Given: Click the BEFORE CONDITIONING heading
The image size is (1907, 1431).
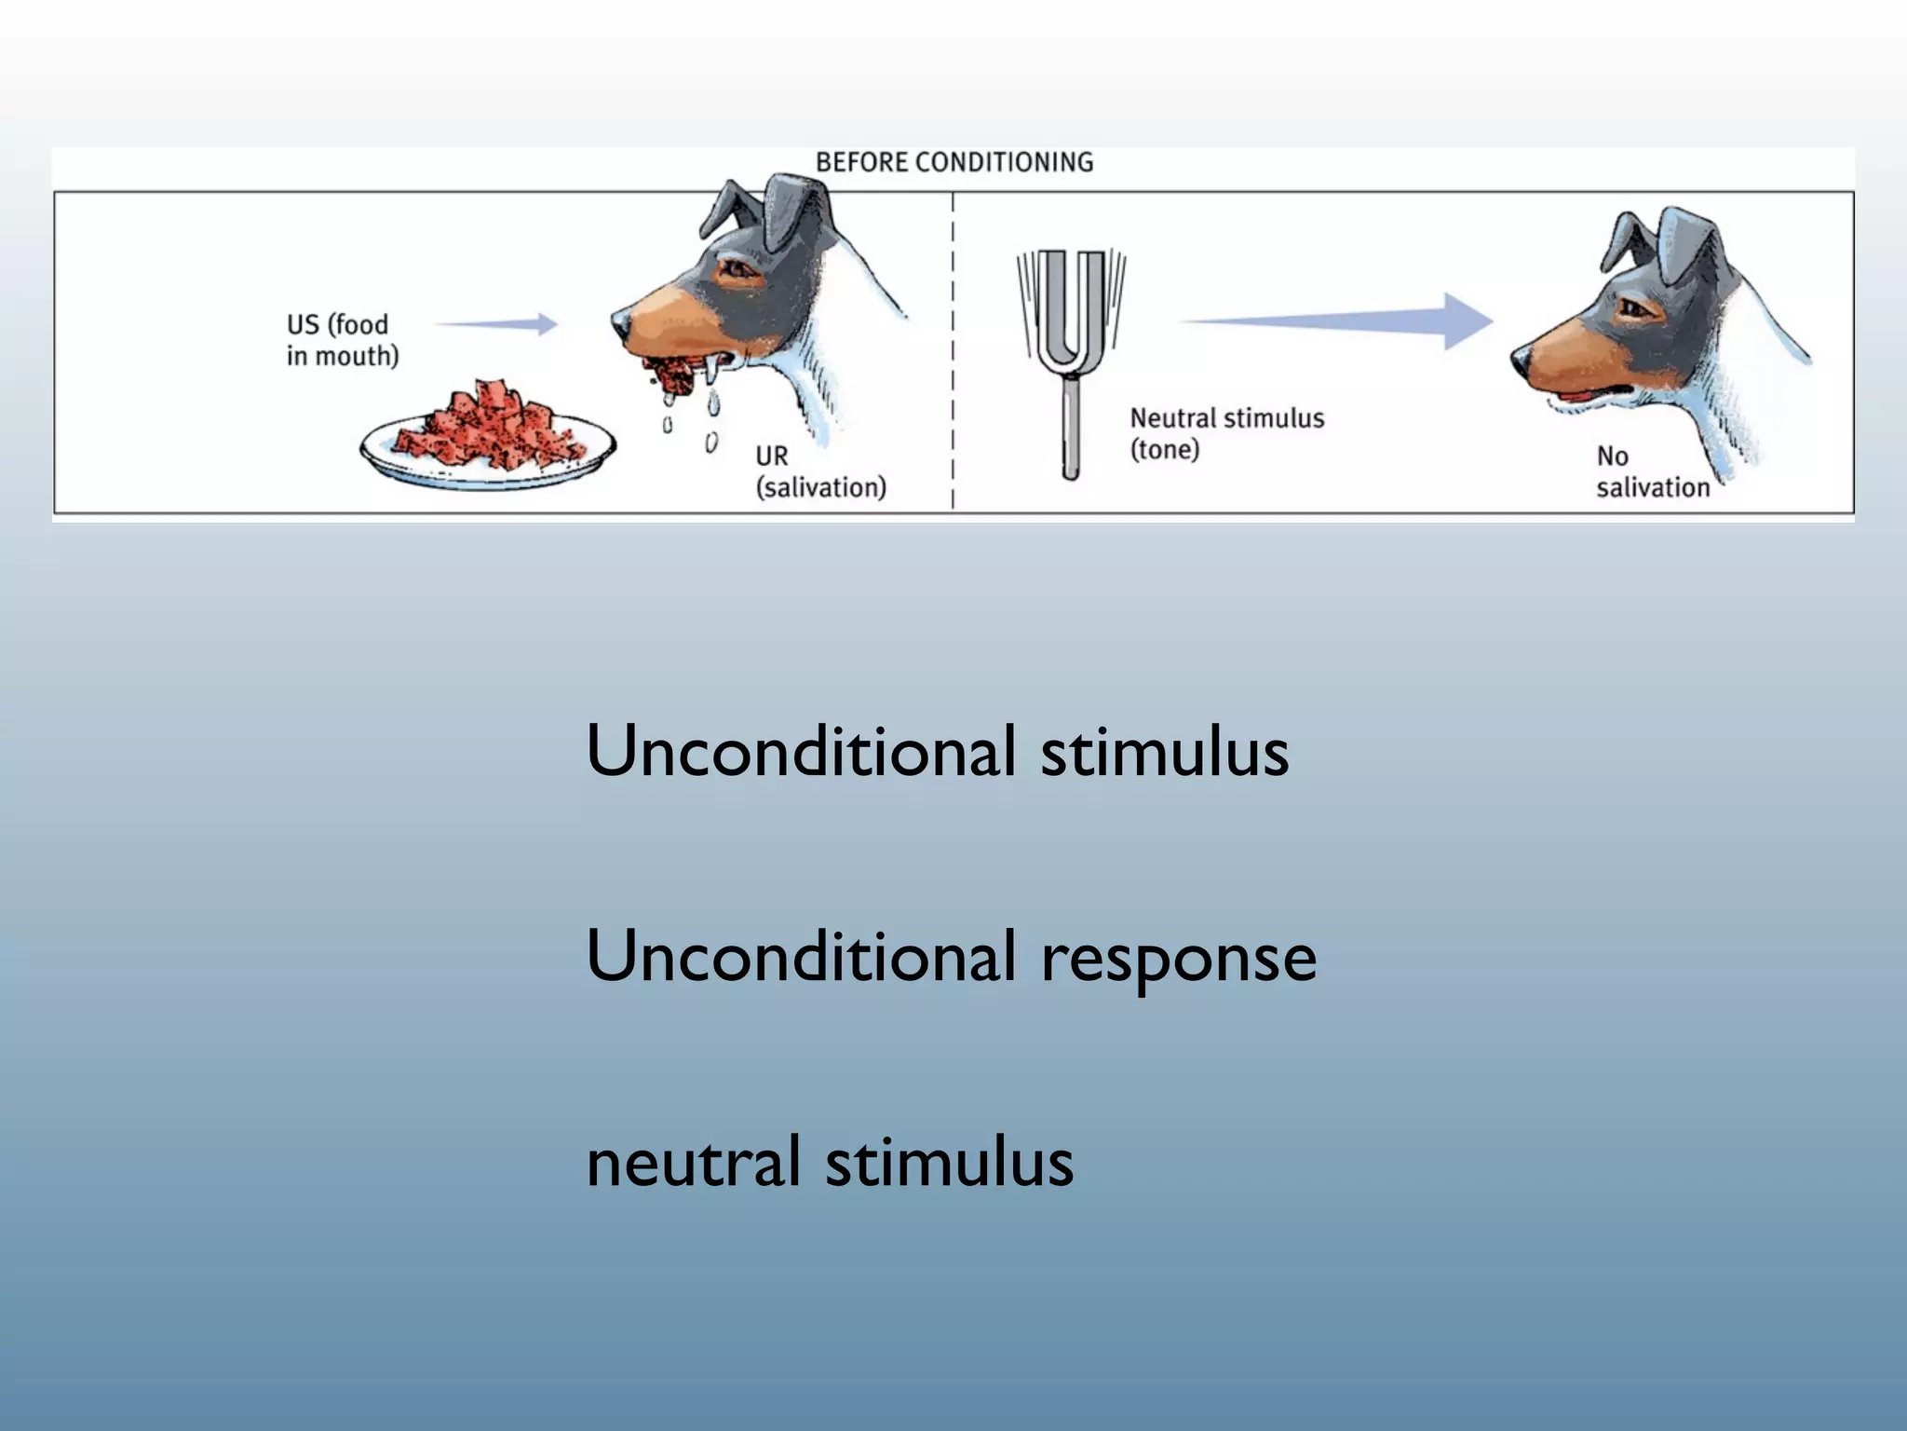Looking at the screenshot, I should point(954,162).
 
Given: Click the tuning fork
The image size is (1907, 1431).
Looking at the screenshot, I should point(1071,354).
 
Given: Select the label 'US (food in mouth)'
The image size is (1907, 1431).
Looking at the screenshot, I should point(341,340).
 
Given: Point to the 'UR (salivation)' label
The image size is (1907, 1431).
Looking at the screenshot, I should point(819,471).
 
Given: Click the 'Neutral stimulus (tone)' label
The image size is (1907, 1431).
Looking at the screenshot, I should point(1226,433).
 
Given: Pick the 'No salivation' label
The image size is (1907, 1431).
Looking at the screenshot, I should point(1652,471).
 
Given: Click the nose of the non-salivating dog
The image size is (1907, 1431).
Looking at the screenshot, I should point(1520,358).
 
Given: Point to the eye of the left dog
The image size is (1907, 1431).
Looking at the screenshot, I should point(737,268).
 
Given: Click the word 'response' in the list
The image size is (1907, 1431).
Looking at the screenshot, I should point(1178,958).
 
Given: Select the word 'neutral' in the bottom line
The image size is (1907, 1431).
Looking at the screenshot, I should point(693,1163).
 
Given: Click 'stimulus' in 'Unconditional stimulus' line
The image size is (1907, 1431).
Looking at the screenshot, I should point(1164,752).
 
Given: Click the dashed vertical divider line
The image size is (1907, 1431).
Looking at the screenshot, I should point(953,354).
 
